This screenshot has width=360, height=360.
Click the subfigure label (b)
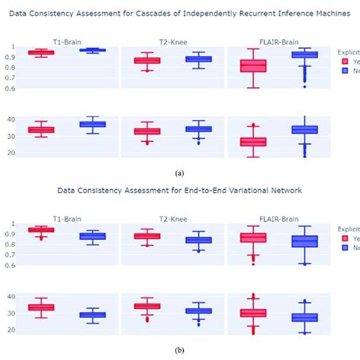click(x=179, y=351)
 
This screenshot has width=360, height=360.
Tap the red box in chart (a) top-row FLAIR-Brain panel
click(x=252, y=66)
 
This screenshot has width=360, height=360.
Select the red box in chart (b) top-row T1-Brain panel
click(x=40, y=229)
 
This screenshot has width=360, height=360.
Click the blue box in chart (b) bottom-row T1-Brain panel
click(x=92, y=314)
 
